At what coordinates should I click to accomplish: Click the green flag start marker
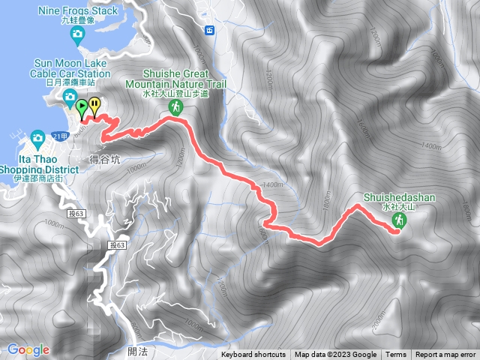[x=81, y=106]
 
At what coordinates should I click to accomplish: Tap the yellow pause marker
[x=94, y=105]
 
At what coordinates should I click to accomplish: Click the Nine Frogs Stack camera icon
[x=76, y=34]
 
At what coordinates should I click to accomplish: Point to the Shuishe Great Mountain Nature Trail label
[x=175, y=80]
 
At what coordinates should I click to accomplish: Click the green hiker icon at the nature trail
[x=175, y=107]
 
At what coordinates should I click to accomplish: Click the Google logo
[x=28, y=349]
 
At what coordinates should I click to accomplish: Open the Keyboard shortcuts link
[x=253, y=355]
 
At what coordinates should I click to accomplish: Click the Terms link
[x=396, y=355]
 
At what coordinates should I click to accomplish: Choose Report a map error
[x=445, y=355]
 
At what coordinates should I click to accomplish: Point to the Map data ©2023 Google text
[x=335, y=355]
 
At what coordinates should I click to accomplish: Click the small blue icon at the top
[x=209, y=30]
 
